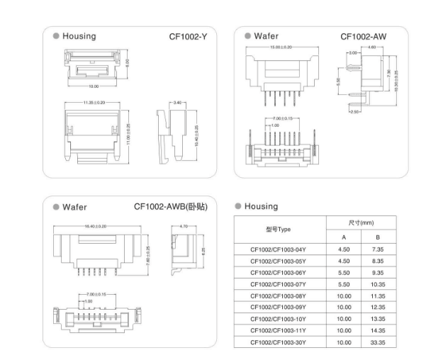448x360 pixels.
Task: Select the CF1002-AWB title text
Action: (171, 206)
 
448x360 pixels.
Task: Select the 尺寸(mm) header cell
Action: (361, 223)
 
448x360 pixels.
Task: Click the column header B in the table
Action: (378, 237)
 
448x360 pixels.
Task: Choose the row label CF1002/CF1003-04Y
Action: (279, 249)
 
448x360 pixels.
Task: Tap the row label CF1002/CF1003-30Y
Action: (279, 342)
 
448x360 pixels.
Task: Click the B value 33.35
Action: (378, 342)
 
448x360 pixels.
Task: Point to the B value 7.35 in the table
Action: (378, 249)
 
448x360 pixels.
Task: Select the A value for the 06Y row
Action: (344, 273)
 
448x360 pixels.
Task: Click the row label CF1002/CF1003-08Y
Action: (279, 296)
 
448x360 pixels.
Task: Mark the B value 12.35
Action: (378, 308)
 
